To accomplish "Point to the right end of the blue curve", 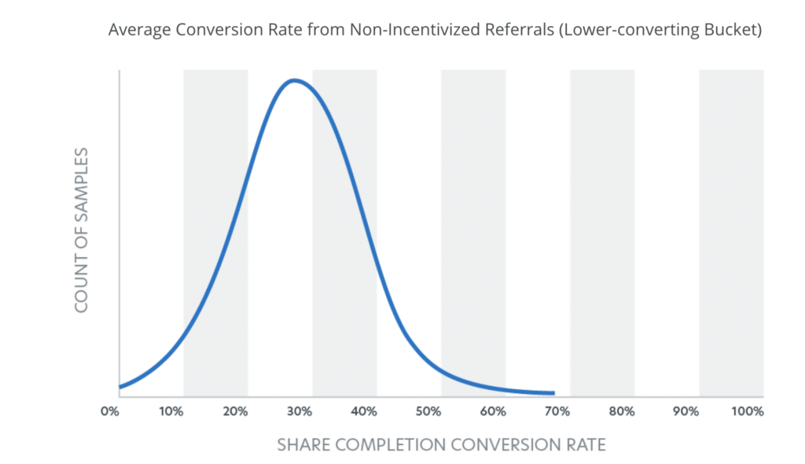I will [553, 393].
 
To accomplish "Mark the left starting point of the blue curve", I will [120, 387].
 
